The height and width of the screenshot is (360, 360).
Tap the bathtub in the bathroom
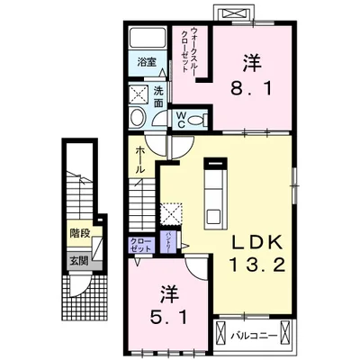[x=148, y=39]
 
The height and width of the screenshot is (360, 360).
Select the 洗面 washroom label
[x=158, y=96]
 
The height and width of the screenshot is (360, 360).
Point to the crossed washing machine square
[x=139, y=94]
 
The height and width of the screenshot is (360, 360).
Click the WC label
[x=181, y=119]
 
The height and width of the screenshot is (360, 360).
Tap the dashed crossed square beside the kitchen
[x=171, y=212]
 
